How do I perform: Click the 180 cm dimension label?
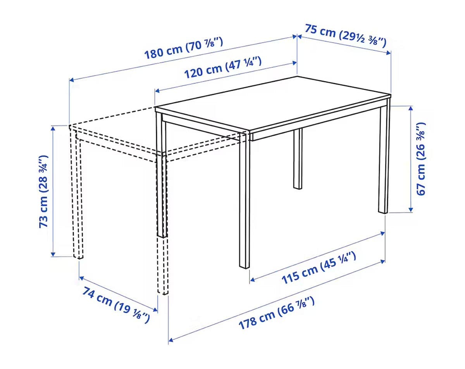point(183,48)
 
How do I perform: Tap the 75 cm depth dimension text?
point(345,36)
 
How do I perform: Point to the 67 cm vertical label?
point(421,159)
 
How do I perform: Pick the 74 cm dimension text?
point(116,305)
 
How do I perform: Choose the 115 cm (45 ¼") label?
point(319,267)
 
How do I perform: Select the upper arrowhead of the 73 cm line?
point(53,129)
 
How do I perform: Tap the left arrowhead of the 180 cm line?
point(72,80)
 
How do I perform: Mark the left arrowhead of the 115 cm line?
point(252,280)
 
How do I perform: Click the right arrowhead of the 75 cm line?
point(389,53)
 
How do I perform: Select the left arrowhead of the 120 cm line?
point(158,91)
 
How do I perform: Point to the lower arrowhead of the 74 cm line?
point(155,310)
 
